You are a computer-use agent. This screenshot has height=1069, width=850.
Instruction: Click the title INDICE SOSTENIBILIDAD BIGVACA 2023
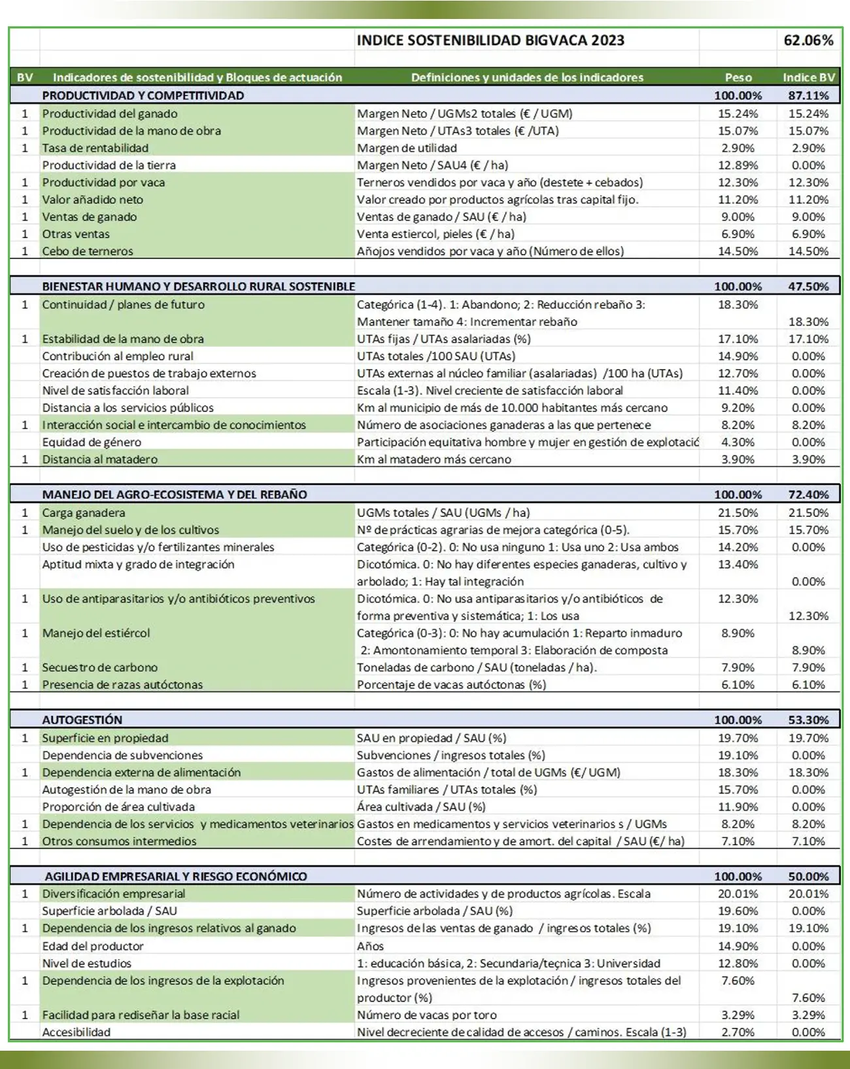(490, 41)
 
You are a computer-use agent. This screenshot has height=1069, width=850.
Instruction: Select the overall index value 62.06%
(808, 41)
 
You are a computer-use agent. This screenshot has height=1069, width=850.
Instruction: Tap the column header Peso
(738, 77)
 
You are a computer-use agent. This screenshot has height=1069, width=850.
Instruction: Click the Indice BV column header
(808, 77)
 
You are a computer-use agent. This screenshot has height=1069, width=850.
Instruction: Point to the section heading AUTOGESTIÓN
(82, 720)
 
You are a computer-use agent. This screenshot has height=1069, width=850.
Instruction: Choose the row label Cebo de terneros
(88, 251)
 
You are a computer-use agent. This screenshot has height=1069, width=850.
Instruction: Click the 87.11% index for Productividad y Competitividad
(808, 96)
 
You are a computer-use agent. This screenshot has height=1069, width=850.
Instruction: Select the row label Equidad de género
(92, 442)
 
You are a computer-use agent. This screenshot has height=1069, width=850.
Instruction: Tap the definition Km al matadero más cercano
(433, 459)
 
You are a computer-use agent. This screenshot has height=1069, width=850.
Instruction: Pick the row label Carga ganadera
(84, 513)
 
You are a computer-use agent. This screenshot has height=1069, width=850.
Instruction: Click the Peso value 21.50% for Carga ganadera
(738, 513)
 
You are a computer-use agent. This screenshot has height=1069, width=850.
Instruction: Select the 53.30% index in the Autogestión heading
(808, 720)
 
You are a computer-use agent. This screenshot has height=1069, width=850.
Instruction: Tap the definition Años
(370, 946)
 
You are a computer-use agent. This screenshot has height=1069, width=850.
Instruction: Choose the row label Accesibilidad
(76, 1032)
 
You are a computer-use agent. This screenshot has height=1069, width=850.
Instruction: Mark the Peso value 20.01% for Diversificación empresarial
(738, 894)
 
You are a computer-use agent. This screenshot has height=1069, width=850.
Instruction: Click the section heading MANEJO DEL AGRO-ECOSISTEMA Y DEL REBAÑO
(175, 495)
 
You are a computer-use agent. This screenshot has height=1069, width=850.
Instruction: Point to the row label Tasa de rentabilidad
(95, 148)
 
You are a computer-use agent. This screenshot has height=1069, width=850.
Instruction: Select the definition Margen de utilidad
(407, 148)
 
